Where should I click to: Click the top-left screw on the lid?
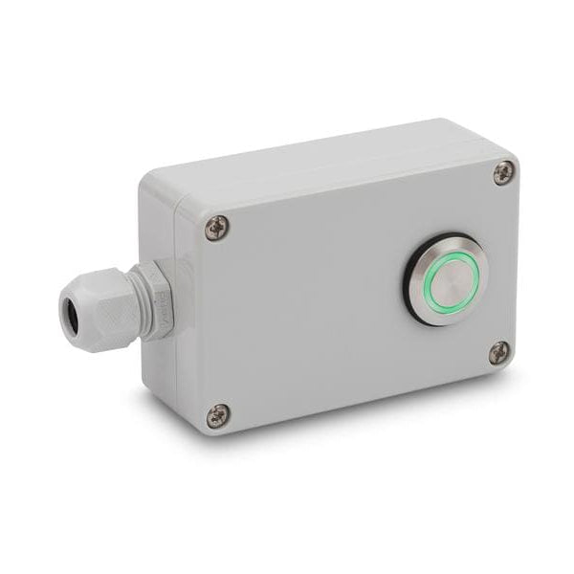click(218, 228)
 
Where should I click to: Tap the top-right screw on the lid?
click(504, 172)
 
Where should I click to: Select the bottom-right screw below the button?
click(500, 352)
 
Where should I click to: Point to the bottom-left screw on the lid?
click(218, 415)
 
